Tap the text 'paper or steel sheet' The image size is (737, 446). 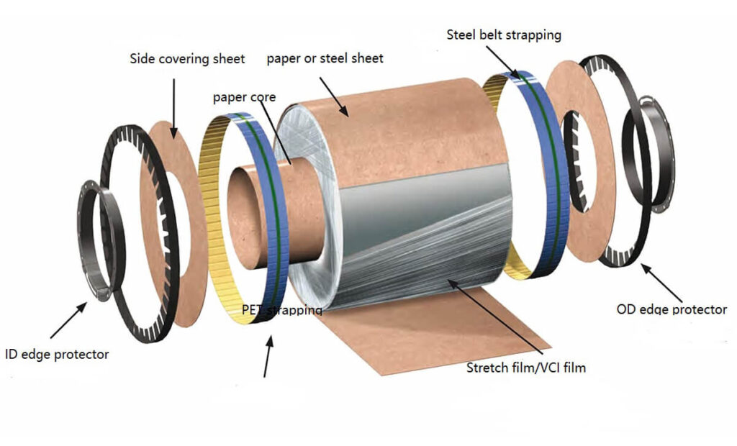click(x=325, y=58)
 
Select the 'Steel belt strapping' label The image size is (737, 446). click(x=504, y=34)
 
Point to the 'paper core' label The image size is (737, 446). click(x=244, y=96)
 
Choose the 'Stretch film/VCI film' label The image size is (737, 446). click(x=526, y=368)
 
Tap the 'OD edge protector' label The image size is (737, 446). click(x=672, y=309)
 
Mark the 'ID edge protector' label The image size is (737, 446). click(x=57, y=354)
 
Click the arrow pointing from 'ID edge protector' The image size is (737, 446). click(x=69, y=320)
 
